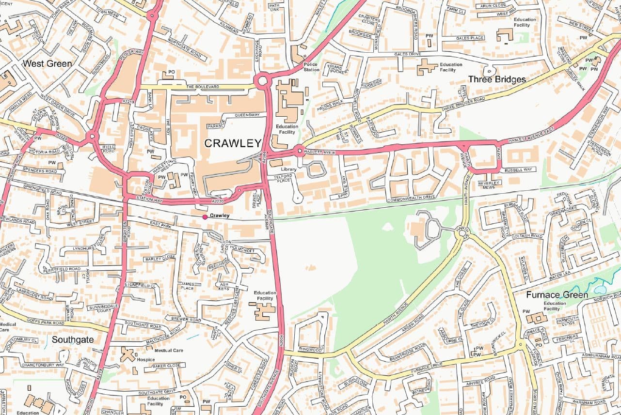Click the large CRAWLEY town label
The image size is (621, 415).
(233, 143)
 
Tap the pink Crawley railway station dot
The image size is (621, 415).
(205, 216)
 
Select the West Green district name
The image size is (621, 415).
(48, 63)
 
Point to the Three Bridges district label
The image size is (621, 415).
(497, 79)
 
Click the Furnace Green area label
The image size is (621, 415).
(557, 295)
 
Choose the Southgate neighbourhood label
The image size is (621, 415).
(72, 339)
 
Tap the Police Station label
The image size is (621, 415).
(311, 67)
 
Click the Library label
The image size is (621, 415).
(288, 169)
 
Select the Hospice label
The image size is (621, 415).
(145, 360)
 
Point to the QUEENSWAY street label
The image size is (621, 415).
(247, 115)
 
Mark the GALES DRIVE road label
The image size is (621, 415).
(407, 54)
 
